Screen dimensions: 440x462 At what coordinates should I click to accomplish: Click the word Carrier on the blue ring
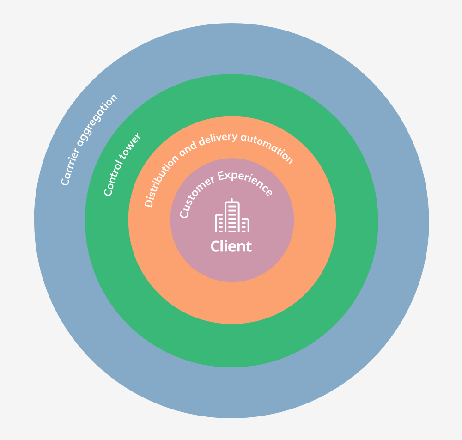coord(72,166)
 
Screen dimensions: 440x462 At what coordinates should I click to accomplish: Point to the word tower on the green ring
coord(132,145)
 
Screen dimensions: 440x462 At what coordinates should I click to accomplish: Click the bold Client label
coord(231,246)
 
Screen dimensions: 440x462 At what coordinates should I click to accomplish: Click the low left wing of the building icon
coord(220,224)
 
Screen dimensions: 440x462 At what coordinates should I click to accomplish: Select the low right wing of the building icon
coord(244,225)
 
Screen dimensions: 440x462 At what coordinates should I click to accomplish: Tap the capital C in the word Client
coord(215,246)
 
